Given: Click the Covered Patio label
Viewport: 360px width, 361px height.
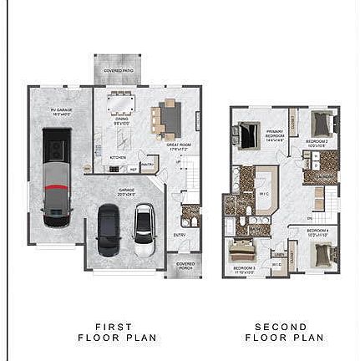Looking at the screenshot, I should point(118,71).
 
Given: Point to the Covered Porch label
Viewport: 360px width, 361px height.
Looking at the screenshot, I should point(185,266).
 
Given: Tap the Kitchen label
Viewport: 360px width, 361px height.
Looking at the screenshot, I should point(118,156).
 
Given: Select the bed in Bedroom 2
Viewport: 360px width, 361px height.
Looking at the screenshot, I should point(322,125).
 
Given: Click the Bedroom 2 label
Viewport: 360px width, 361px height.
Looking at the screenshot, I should point(317,143).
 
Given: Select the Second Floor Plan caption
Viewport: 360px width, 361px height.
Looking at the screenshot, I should point(285,333).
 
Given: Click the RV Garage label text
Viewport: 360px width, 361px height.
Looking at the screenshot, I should point(59,112).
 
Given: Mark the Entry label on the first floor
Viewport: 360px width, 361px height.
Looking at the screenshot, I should point(180,235).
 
